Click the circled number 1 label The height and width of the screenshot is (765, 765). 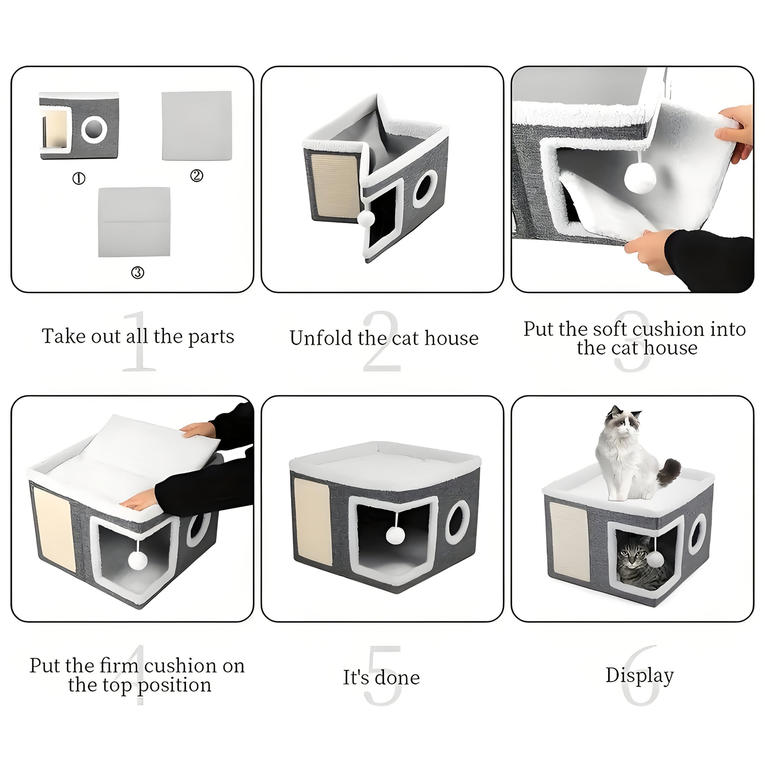click(x=79, y=178)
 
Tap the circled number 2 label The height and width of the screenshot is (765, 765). click(x=197, y=175)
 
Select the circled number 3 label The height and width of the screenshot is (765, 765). click(x=138, y=272)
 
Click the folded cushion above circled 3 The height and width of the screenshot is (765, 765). click(x=134, y=222)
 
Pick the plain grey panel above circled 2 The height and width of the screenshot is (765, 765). click(x=197, y=126)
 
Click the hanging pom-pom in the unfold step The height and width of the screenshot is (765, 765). click(x=366, y=218)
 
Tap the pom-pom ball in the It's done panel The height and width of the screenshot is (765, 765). click(x=395, y=535)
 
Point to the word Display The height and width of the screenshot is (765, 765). click(x=640, y=675)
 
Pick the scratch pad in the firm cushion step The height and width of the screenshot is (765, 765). click(x=54, y=530)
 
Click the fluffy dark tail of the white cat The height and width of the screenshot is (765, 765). click(x=669, y=472)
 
